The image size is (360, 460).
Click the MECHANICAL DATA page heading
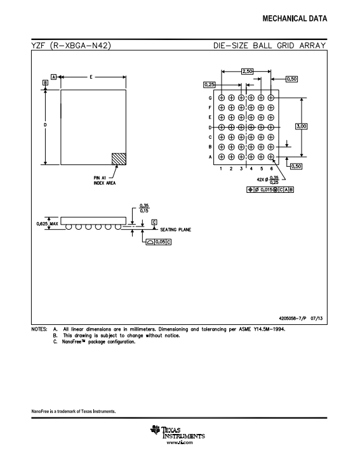295,19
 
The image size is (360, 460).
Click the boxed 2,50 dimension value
247,71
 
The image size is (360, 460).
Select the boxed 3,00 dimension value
302,126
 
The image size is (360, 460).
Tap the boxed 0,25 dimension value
210,84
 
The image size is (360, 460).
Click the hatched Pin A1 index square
119,159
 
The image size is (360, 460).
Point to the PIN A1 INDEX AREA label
105,180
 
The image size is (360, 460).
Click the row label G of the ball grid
210,98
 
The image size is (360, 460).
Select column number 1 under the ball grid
221,169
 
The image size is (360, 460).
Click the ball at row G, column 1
222,98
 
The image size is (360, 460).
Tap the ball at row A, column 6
270,157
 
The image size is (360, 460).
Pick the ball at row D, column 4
251,128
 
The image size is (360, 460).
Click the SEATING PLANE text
176,230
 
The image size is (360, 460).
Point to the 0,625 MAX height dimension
47,223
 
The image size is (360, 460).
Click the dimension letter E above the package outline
91,77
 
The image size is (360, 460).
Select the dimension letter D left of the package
45,125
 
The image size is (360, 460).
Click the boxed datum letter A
54,77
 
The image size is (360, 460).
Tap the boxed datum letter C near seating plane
154,222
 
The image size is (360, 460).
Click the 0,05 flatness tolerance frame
159,242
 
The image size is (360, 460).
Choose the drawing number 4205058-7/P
293,319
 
